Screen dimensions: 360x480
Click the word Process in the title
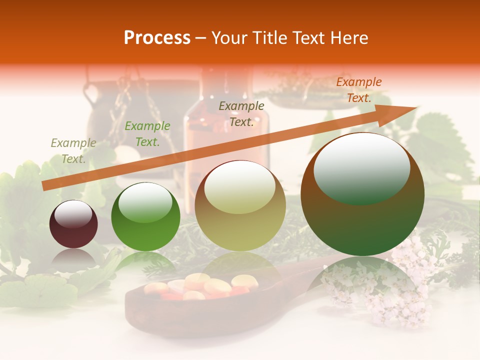[x=157, y=38]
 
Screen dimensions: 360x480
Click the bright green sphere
[x=145, y=217]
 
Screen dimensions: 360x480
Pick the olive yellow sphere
[x=240, y=205]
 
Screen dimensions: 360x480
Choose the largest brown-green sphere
[x=362, y=194]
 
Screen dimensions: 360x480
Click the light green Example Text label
[x=147, y=134]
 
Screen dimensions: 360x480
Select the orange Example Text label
[x=358, y=90]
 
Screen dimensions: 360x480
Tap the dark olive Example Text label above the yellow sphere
[x=241, y=114]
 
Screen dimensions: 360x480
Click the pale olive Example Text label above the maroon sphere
[x=73, y=151]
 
